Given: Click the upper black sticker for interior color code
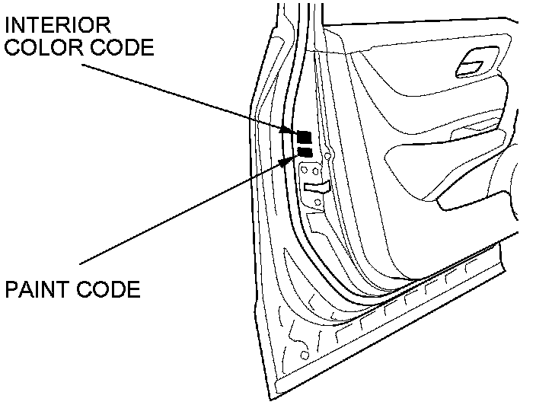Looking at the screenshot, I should [304, 137].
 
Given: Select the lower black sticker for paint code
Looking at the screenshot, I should [305, 152].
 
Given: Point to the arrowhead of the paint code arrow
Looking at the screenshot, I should [292, 158].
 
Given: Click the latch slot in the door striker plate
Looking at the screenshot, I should [316, 185].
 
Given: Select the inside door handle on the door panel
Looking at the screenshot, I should [474, 64].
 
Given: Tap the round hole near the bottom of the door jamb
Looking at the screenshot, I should [305, 355].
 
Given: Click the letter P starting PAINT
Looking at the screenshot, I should [11, 290].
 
